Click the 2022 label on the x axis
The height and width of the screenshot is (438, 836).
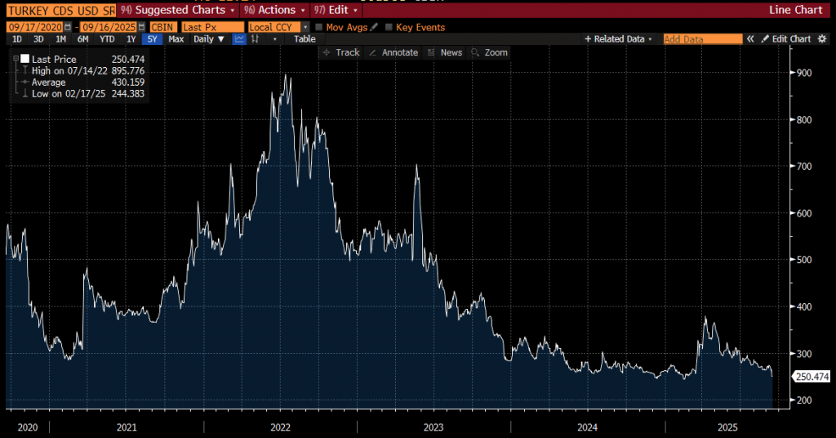point(280,427)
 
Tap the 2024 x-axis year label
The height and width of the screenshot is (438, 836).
point(586,427)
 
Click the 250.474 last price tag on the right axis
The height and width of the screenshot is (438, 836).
point(812,376)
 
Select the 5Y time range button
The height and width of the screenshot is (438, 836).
point(151,39)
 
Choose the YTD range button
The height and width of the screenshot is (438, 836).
point(107,39)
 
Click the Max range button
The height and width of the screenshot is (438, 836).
point(176,39)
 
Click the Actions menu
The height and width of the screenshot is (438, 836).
point(274,11)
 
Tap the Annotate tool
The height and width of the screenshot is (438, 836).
point(394,52)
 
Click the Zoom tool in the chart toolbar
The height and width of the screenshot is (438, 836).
point(490,52)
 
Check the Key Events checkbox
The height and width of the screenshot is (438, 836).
point(389,27)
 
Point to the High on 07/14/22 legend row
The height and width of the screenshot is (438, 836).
point(81,71)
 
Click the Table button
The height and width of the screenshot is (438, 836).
point(305,39)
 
